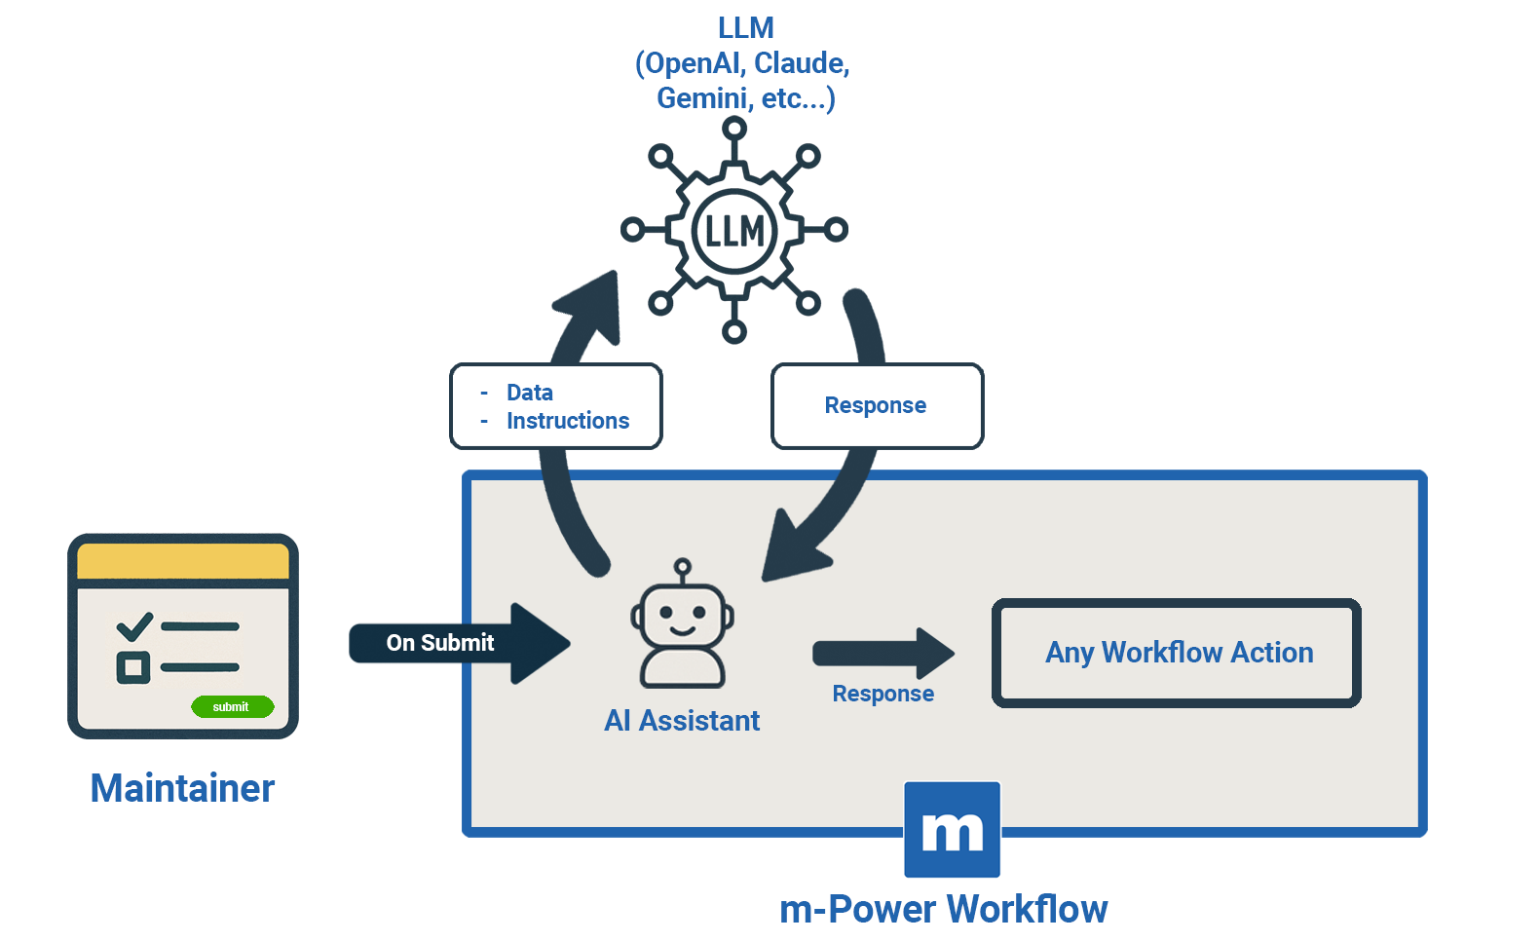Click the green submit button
pyautogui.click(x=232, y=706)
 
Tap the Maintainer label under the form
pyautogui.click(x=182, y=788)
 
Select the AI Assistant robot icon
pyautogui.click(x=682, y=629)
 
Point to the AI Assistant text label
pyautogui.click(x=682, y=721)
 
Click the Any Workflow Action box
pyautogui.click(x=1177, y=653)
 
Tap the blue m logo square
pyautogui.click(x=952, y=830)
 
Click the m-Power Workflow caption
pyautogui.click(x=943, y=909)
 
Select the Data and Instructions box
pyautogui.click(x=555, y=406)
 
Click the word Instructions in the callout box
pyautogui.click(x=568, y=421)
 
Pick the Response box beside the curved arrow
pyautogui.click(x=877, y=406)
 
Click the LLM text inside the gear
pyautogui.click(x=734, y=232)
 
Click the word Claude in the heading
pyautogui.click(x=798, y=63)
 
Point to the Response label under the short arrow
pyautogui.click(x=883, y=694)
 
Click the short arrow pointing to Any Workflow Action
pyautogui.click(x=883, y=653)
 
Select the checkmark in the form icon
pyautogui.click(x=134, y=625)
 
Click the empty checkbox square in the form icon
pyautogui.click(x=133, y=667)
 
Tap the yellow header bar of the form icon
pyautogui.click(x=183, y=562)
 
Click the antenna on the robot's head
pyautogui.click(x=683, y=567)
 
